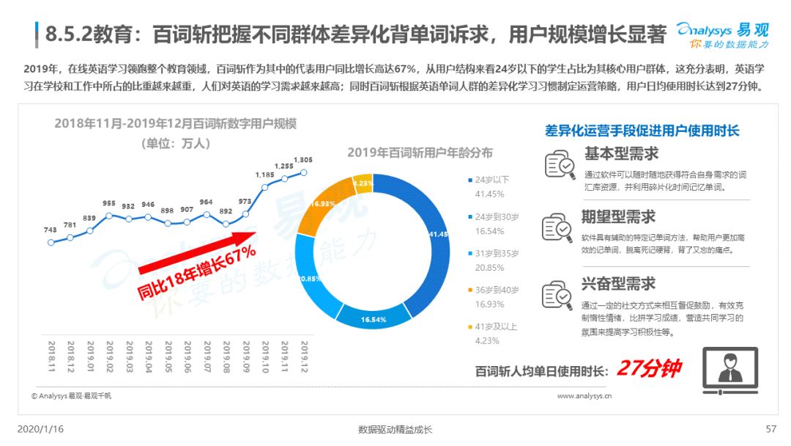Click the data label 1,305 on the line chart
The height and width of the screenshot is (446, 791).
(302, 160)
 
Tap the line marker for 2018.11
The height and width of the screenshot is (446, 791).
(51, 243)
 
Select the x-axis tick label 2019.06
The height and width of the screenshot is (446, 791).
(187, 357)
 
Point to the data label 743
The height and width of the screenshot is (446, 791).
(51, 230)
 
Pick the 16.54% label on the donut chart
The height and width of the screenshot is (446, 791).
(374, 320)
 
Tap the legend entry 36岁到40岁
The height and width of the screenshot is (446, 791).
(494, 290)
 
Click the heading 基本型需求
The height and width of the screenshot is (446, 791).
(622, 153)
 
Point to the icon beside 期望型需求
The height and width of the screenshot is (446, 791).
(557, 227)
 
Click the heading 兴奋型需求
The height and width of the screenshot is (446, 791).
(618, 284)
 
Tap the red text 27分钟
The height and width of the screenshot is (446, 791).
(649, 368)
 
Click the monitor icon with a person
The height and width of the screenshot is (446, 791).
(730, 370)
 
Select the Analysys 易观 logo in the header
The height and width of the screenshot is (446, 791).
(722, 35)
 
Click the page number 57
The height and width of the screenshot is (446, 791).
(770, 429)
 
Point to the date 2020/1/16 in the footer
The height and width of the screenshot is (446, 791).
(40, 429)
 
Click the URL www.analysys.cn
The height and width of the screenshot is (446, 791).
(584, 396)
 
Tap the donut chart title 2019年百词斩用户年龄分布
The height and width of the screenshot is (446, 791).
(420, 153)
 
